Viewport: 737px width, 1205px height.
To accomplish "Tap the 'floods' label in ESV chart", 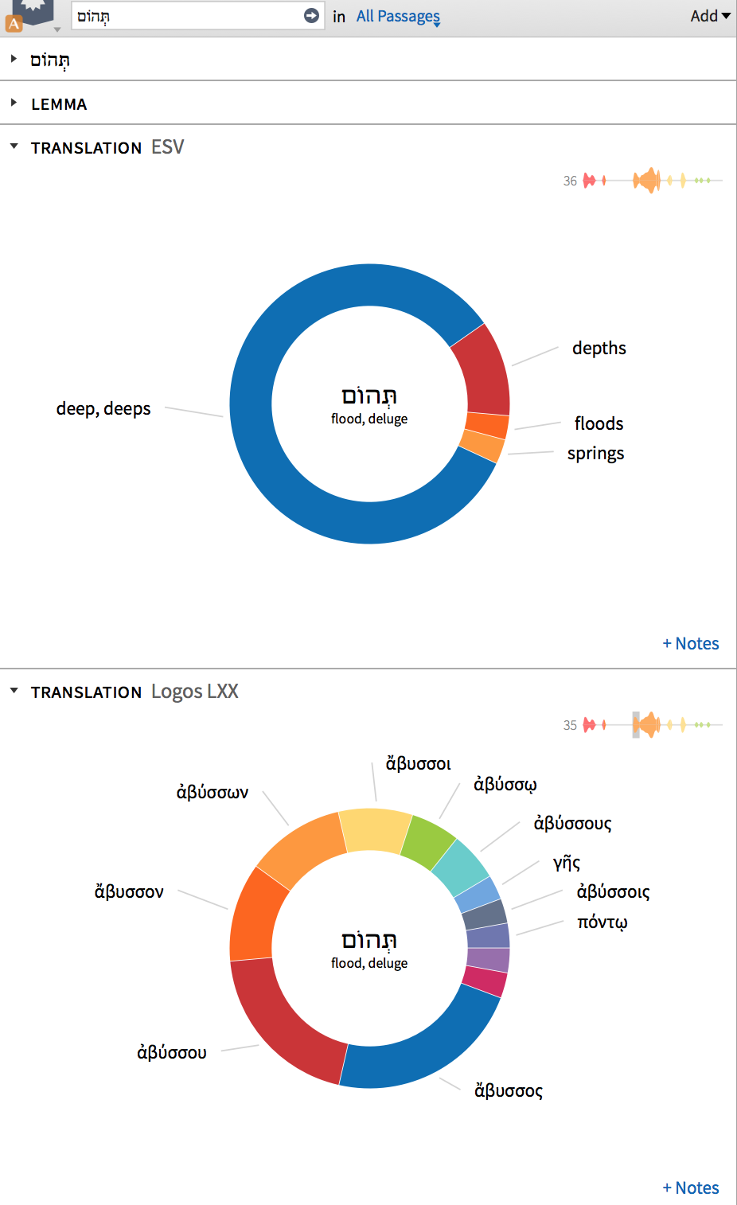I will point(599,423).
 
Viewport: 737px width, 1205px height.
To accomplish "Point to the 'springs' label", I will point(595,454).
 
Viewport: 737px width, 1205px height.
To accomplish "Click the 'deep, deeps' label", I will point(103,409).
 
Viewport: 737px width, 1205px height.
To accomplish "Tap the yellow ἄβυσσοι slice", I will point(374,830).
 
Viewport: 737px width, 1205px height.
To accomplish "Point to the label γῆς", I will point(567,863).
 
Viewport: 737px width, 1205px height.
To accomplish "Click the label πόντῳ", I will point(602,922).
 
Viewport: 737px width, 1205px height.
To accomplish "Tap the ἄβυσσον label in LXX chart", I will point(129,892).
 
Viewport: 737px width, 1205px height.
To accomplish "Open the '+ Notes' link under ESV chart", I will point(690,644).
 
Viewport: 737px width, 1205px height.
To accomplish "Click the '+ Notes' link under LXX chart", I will point(690,1188).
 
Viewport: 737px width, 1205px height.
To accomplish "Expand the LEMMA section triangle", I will point(14,103).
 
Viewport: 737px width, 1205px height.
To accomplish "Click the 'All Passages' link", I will point(398,16).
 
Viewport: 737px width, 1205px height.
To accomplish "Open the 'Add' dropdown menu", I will point(710,16).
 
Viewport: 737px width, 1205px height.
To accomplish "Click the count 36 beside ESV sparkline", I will point(570,181).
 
